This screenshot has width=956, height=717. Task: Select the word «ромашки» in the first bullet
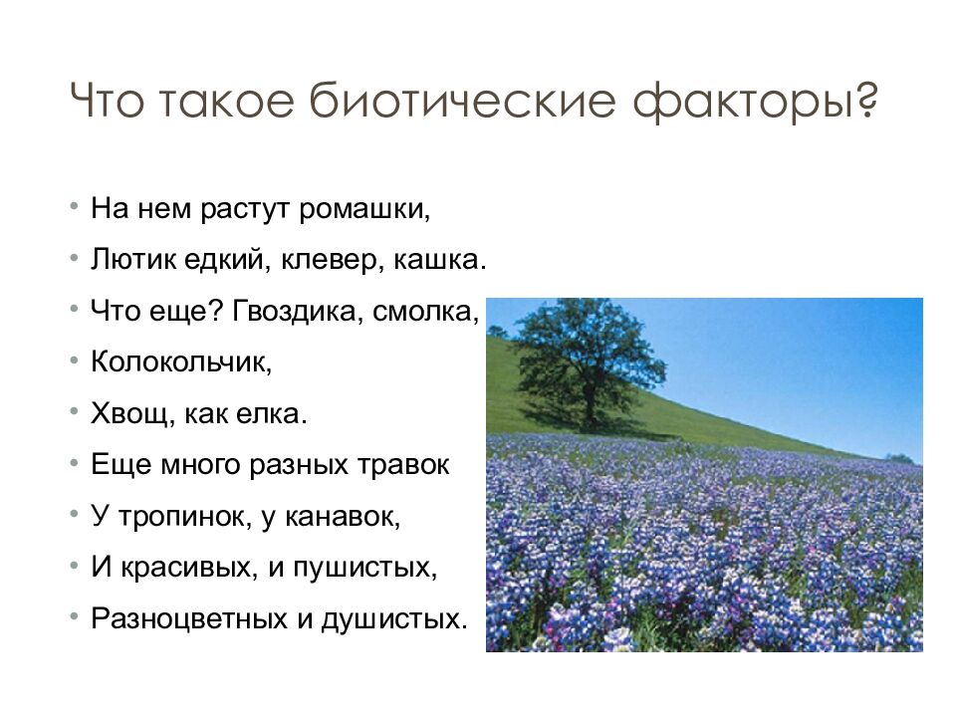click(x=372, y=210)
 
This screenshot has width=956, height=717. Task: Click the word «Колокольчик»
click(x=181, y=362)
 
